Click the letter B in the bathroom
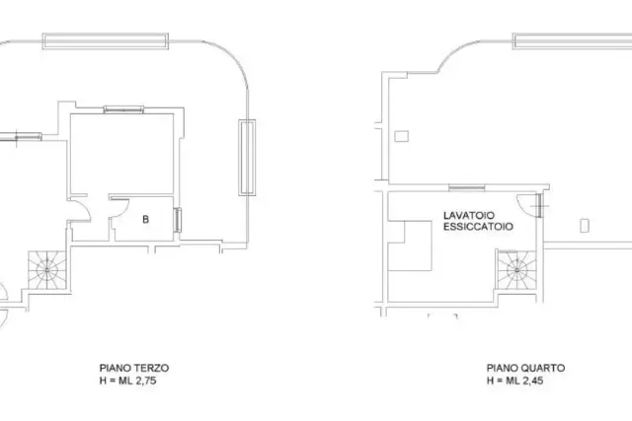point(145,219)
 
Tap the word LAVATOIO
point(469,215)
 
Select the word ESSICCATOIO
point(478,226)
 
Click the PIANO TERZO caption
point(134,368)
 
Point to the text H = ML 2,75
point(127,381)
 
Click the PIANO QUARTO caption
point(525,368)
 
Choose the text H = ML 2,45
point(514,381)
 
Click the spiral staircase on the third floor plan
point(47,270)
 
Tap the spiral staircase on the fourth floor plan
point(516,269)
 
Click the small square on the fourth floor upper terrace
point(402,136)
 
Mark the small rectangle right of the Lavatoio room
point(585,226)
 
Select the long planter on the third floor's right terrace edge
point(247,158)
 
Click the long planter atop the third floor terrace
point(106,41)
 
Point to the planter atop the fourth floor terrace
point(573,41)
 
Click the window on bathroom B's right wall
point(178,220)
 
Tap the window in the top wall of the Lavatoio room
point(467,187)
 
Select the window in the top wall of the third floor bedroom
point(123,109)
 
